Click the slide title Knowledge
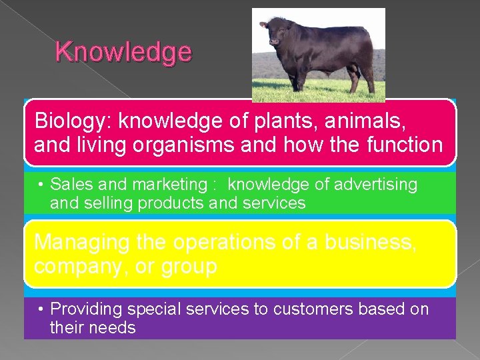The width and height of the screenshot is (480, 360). coord(123,51)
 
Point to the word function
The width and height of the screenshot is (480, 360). coord(402,145)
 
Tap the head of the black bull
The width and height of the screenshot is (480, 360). coord(273,34)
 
